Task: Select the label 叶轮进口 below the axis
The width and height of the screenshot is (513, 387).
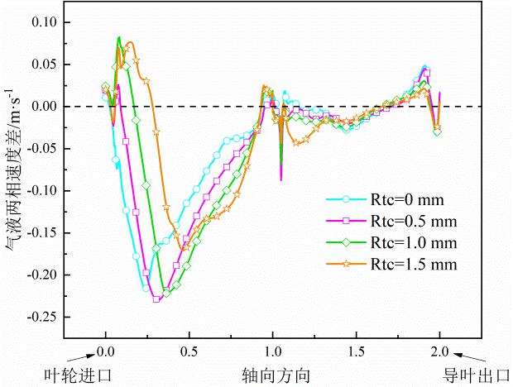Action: pos(77,376)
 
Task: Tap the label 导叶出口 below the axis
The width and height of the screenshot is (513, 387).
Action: pos(475,376)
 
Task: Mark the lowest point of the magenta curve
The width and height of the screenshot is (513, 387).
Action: pos(156,299)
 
